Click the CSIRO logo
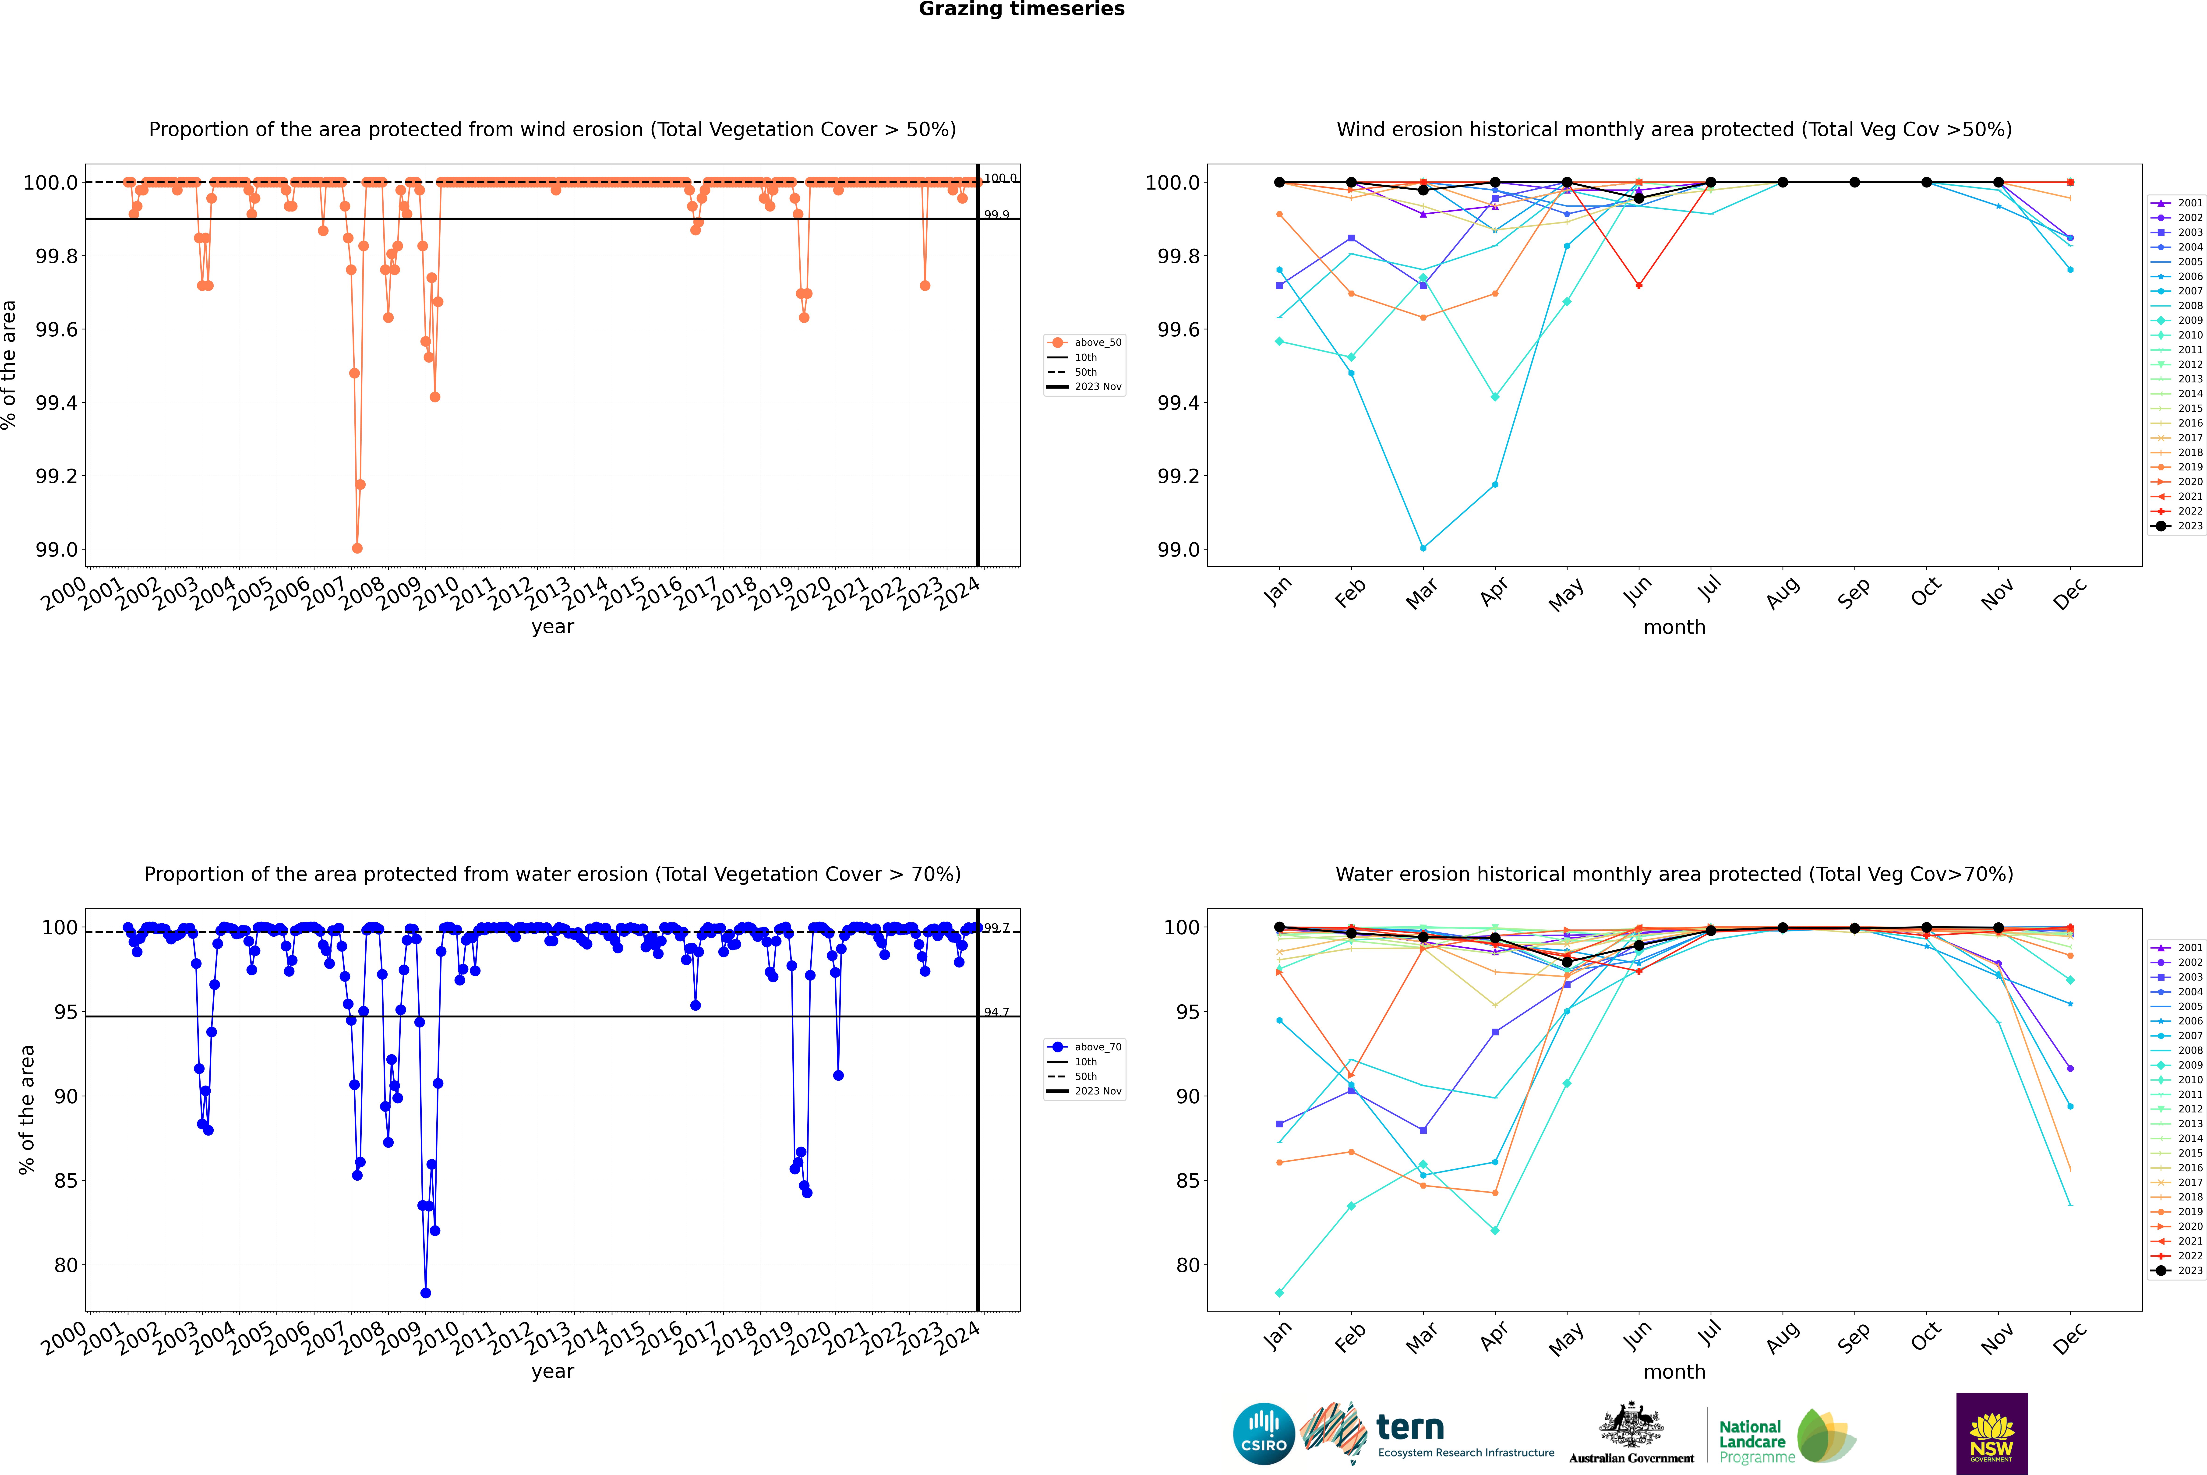pos(1264,1434)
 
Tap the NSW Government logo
pos(1992,1434)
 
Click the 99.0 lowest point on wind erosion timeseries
pos(357,548)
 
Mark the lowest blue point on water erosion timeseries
pos(425,1292)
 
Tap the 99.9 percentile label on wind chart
pos(996,215)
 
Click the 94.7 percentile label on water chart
pos(996,1012)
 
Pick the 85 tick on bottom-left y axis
pos(66,1181)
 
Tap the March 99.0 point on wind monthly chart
pos(1422,547)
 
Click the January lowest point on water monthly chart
pos(1278,1292)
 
